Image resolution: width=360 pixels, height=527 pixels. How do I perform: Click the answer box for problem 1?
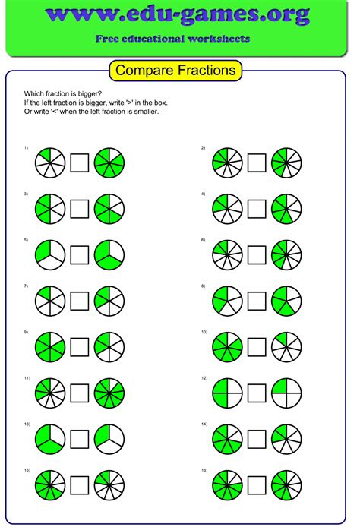coord(80,163)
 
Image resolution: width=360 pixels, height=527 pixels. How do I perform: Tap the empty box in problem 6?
coord(257,254)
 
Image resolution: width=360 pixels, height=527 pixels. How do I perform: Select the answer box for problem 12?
coord(257,393)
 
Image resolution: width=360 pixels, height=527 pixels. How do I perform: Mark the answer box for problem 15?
coord(80,485)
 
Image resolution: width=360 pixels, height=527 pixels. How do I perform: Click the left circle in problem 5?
coord(50,254)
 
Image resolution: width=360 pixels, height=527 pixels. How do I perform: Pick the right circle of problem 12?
coord(286,393)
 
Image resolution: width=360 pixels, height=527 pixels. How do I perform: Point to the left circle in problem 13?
coord(50,439)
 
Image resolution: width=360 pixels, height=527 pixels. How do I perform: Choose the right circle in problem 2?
coord(286,163)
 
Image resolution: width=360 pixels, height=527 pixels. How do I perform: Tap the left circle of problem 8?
coord(227,301)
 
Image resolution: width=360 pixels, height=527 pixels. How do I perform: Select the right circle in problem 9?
coord(109,347)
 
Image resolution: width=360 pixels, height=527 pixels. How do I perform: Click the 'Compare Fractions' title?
coord(176,71)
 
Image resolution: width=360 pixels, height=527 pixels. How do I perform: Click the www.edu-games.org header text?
coord(177,14)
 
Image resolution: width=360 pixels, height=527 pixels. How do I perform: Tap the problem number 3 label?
coord(26,194)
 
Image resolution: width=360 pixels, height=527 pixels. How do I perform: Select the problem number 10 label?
coord(204,332)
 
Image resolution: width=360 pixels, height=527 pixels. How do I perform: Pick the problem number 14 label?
coord(204,424)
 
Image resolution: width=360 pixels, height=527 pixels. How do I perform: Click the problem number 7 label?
coord(26,286)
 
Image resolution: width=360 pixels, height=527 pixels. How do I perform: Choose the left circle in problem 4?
coord(227,209)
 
